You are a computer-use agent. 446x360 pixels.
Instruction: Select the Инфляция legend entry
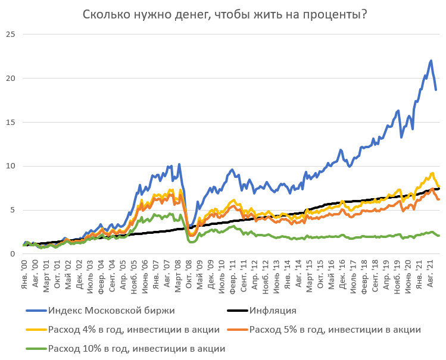click(x=273, y=311)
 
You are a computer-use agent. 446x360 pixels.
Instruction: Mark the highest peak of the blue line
click(x=431, y=61)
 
